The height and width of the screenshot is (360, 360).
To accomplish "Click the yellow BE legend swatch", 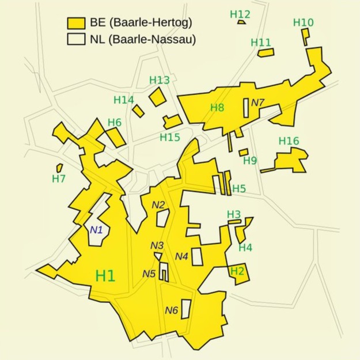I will pos(76,23).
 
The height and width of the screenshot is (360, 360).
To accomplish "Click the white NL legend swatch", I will pos(76,40).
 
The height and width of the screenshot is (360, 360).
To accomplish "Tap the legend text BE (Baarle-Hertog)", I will pos(141,23).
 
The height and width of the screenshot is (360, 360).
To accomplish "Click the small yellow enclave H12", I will pos(241,22).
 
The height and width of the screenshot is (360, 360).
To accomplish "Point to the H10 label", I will pos(303,22).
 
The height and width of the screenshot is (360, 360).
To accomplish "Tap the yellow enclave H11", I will pos(266,52).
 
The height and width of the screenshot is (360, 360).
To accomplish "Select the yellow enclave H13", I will pos(157,96).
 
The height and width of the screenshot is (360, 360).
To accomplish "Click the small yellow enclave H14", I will pos(138,110).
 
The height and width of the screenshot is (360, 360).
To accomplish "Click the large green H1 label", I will pos(105,276).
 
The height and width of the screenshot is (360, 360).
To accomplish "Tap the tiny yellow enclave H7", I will pos(59,167).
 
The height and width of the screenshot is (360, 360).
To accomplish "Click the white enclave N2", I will pos(163,218).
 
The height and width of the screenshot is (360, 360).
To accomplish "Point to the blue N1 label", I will pos(96,230).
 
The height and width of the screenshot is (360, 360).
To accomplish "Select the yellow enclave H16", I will pos(290,160).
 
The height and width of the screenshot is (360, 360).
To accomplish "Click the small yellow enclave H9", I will pos(244,152).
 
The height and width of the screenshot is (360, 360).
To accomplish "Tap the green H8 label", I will pos(217,107).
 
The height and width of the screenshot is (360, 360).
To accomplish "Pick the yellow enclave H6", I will pos(114,137).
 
